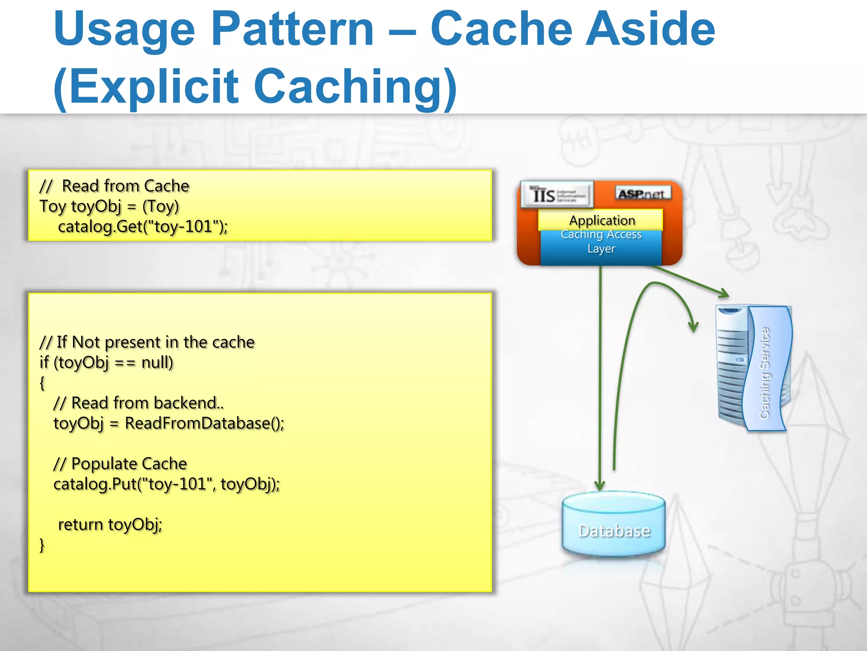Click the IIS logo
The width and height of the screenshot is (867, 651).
point(557,195)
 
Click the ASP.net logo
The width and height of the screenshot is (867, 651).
point(642,193)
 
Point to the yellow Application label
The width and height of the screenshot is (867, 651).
point(601,220)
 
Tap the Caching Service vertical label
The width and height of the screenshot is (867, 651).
point(765,373)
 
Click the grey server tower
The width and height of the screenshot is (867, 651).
point(732,364)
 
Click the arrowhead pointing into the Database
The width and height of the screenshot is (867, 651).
point(599,485)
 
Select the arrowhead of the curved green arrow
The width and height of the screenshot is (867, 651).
point(693,326)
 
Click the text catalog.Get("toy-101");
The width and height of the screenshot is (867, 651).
point(143,227)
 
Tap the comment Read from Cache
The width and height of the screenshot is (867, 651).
point(125,186)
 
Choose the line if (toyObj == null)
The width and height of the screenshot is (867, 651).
point(106,363)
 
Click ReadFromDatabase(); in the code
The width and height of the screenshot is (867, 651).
point(204,423)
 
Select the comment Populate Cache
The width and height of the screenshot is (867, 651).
point(129,464)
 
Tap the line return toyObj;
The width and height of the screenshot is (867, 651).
point(110,525)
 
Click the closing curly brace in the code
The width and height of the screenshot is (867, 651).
point(42,545)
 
